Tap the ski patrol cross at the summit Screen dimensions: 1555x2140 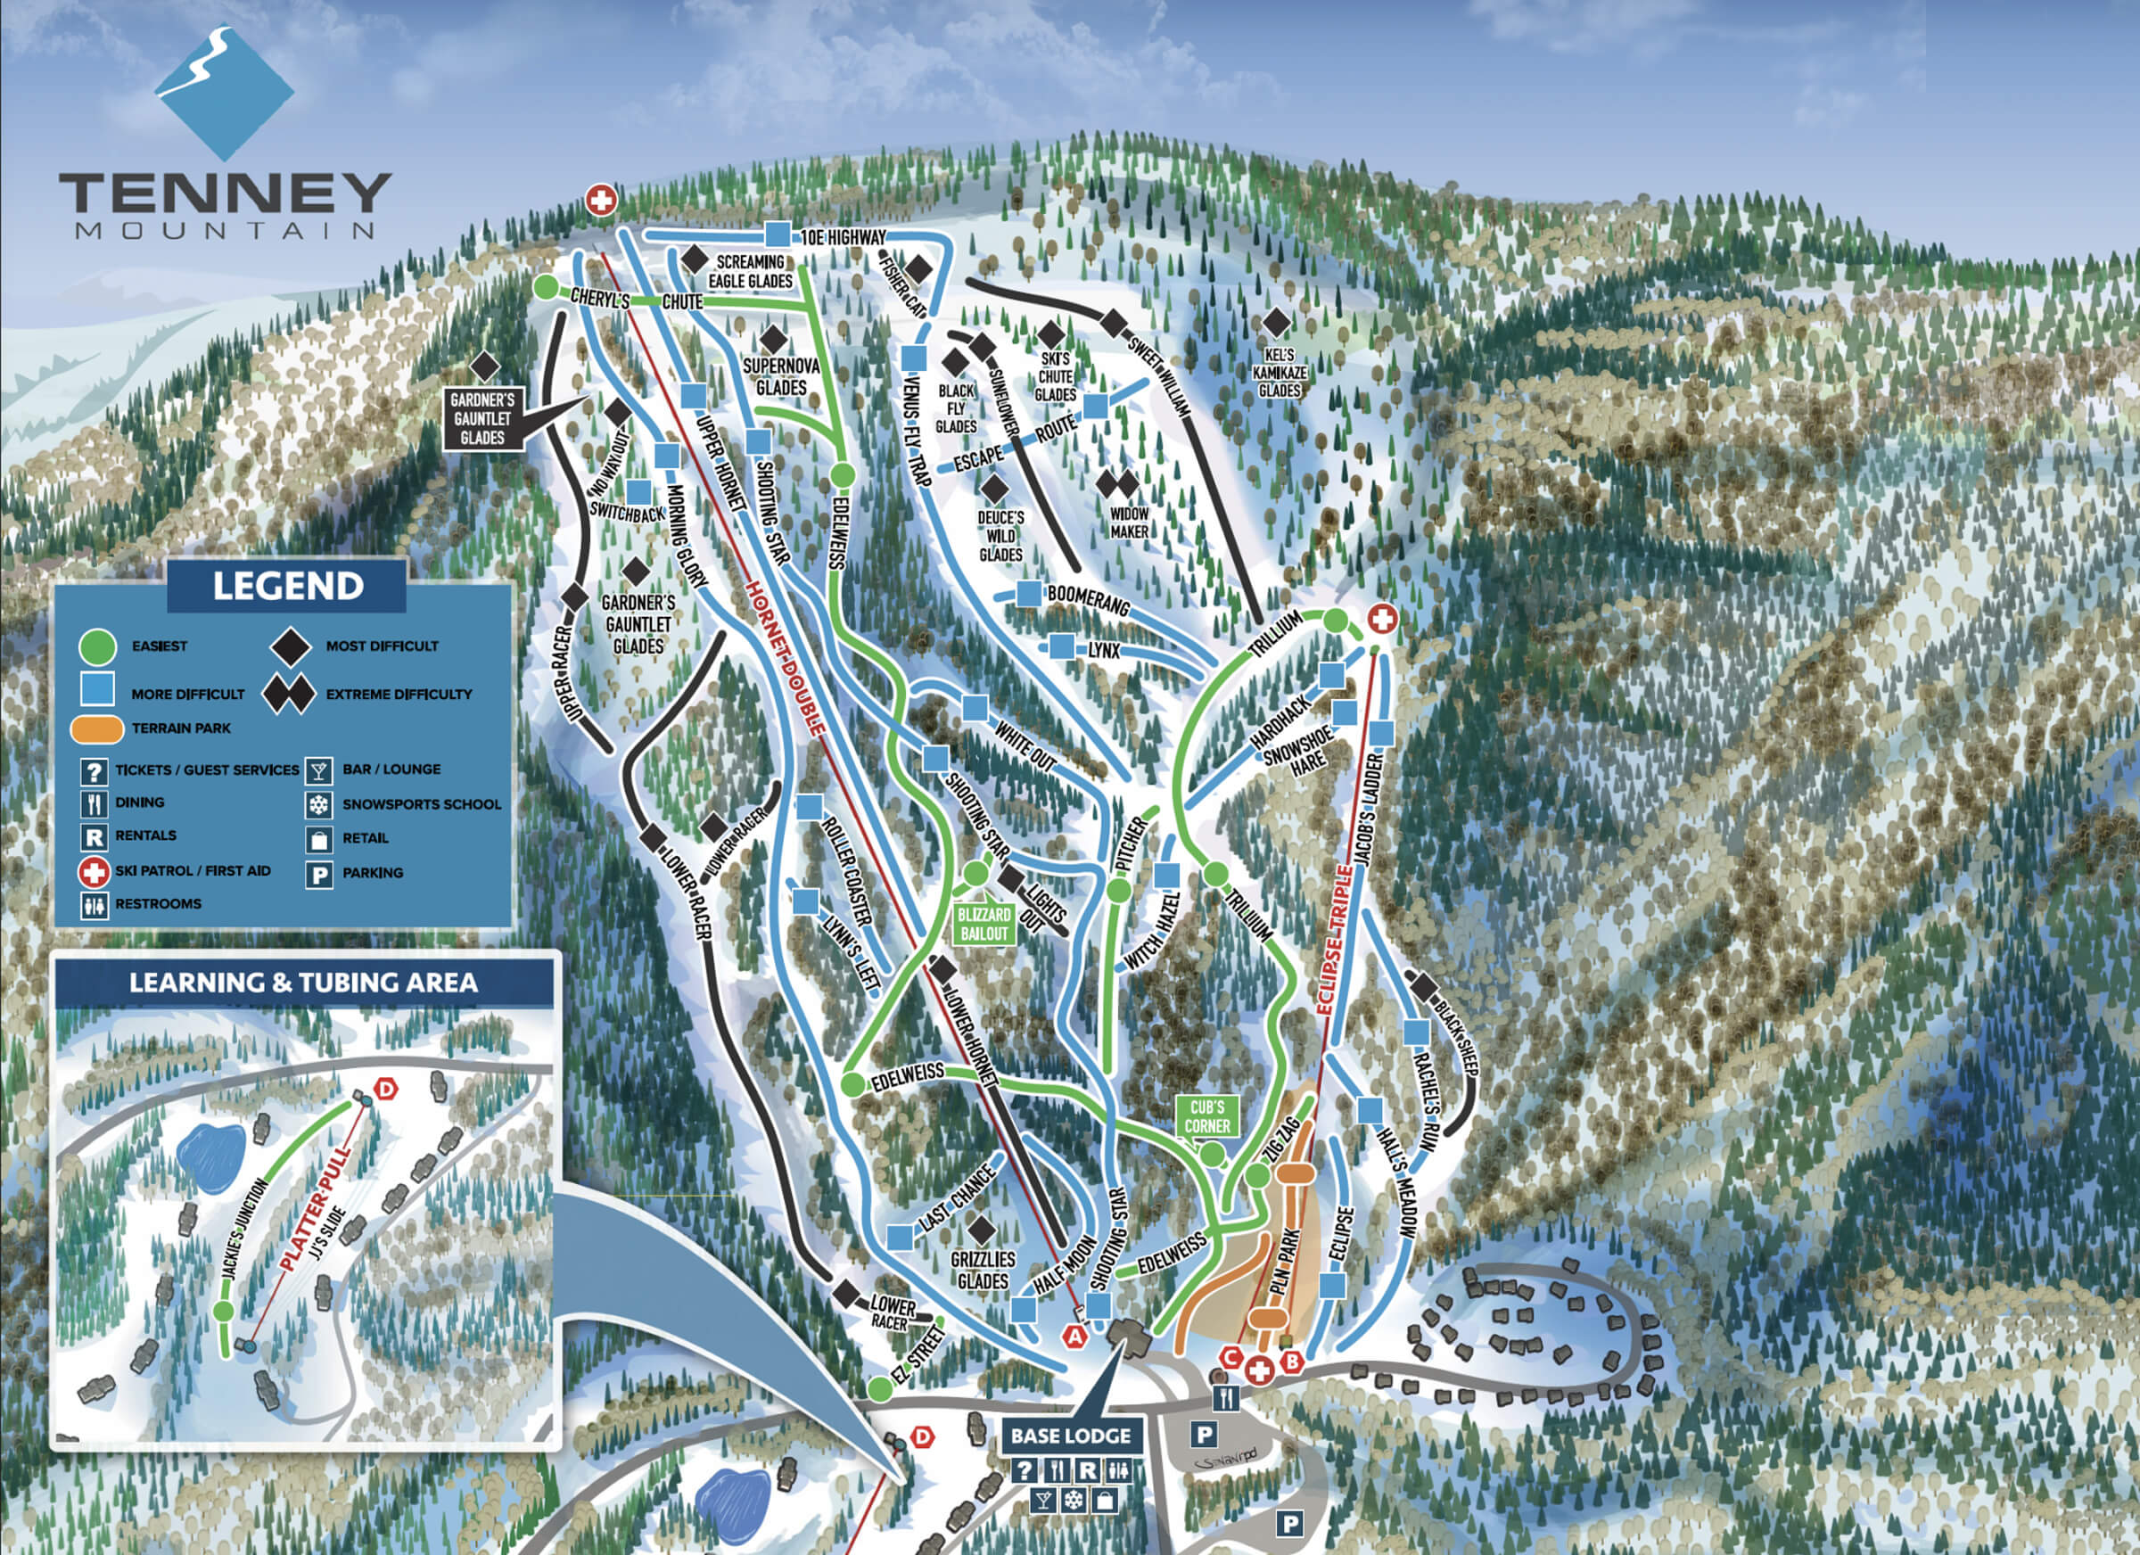[601, 200]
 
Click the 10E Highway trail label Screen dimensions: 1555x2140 [844, 237]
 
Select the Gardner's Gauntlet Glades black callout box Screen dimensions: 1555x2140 [482, 418]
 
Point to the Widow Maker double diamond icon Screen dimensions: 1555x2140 [1117, 484]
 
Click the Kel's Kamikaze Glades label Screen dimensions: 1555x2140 [1280, 372]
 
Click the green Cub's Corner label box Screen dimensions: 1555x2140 [1206, 1116]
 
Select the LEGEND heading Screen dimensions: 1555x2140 [288, 586]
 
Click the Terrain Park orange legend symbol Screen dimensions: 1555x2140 [96, 728]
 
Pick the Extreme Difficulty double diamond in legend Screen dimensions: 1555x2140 [289, 694]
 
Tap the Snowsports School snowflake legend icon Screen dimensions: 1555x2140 [319, 805]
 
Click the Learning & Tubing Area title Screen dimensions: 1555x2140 [304, 983]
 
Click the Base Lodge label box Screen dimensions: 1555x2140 [1070, 1436]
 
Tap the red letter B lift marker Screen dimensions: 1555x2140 [1293, 1362]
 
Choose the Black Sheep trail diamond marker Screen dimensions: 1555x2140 [1424, 987]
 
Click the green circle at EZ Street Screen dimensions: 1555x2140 [879, 1389]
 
